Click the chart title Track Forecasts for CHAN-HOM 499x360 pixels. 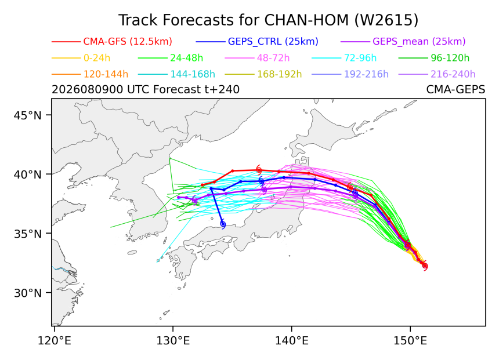tap(268, 20)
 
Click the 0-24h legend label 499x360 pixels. tap(97, 58)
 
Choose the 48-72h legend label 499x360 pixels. tap(273, 58)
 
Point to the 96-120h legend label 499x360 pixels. tap(450, 58)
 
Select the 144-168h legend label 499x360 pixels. tap(193, 74)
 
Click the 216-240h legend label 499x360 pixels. tap(453, 74)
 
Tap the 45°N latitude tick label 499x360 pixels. tap(28, 115)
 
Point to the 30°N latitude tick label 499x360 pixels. tap(28, 293)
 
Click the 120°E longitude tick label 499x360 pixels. tap(55, 341)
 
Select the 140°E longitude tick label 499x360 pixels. tap(291, 341)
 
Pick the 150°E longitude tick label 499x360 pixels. tap(410, 341)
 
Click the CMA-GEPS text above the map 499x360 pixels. tap(455, 90)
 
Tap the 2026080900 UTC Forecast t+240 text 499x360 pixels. tap(146, 90)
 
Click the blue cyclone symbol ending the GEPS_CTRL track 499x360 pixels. tap(223, 224)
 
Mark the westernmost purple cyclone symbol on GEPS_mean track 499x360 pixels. tap(194, 201)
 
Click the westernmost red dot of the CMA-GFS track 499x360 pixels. tap(203, 185)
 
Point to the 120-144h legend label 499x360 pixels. tap(106, 74)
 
